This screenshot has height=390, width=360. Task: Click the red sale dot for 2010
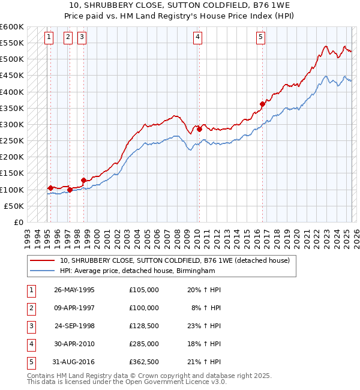click(x=199, y=129)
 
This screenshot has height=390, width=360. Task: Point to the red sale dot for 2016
click(x=262, y=104)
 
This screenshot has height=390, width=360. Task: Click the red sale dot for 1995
click(x=50, y=188)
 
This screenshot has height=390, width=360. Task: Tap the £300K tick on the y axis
click(x=12, y=125)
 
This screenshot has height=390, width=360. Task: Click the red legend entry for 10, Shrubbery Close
click(x=175, y=260)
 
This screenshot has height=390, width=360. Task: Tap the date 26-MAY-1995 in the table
click(x=74, y=289)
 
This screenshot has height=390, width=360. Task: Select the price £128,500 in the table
click(x=144, y=326)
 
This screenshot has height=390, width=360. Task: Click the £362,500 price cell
click(x=144, y=362)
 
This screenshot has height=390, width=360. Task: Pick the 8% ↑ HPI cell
click(x=206, y=307)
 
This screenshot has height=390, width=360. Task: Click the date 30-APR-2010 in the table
click(x=74, y=344)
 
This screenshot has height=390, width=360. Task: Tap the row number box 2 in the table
click(x=30, y=308)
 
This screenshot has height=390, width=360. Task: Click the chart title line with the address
click(x=179, y=5)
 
